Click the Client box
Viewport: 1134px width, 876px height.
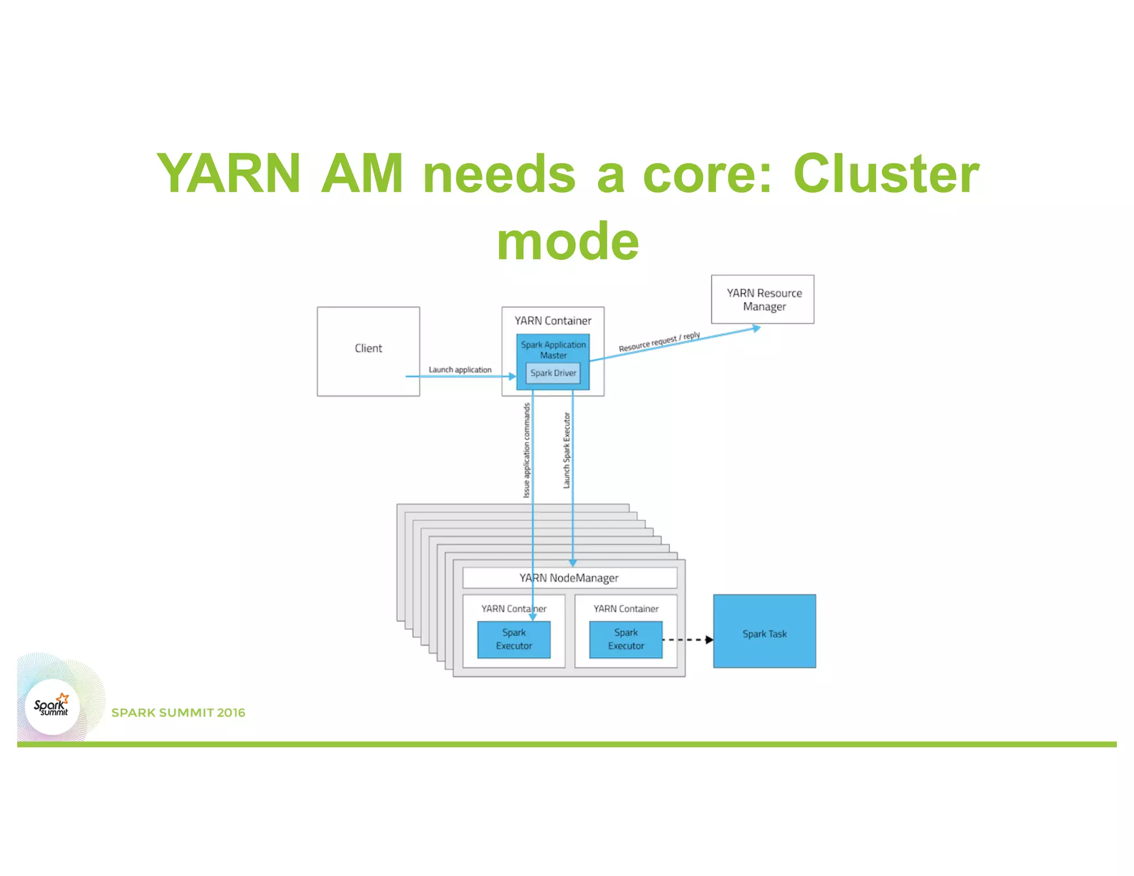point(368,351)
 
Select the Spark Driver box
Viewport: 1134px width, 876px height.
point(553,373)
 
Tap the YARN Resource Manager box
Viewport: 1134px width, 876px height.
point(762,300)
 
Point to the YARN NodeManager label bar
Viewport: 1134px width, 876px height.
point(569,578)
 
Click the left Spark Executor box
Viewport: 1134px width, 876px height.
point(514,640)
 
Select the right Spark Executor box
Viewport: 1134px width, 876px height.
point(626,640)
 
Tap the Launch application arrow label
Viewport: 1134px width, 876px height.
point(460,369)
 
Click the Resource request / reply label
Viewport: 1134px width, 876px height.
point(659,342)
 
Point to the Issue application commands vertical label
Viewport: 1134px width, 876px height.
point(527,450)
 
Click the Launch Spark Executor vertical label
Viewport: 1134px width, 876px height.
point(566,450)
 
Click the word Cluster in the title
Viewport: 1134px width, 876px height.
point(886,174)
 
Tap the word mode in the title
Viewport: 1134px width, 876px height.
point(568,241)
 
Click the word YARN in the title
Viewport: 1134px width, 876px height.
point(229,174)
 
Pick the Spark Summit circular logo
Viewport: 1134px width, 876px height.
point(52,707)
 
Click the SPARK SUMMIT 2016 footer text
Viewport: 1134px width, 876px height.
point(178,713)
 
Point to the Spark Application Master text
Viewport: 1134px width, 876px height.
point(553,349)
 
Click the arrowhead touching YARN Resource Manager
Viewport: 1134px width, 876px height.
point(756,328)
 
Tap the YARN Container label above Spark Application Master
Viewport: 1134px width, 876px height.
point(553,321)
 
